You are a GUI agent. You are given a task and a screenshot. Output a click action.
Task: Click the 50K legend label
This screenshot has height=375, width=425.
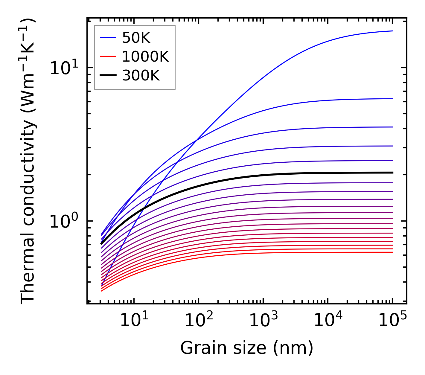point(136,38)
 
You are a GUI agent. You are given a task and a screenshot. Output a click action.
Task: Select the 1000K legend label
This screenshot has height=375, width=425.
point(145,57)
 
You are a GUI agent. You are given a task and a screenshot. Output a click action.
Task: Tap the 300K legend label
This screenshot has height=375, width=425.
point(141,76)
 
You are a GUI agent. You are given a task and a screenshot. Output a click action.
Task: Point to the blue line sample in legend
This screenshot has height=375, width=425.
point(108,38)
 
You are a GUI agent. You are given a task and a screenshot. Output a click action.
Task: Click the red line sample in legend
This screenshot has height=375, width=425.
point(108,57)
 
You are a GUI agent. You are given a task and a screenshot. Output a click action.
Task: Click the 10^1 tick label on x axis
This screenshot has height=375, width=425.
point(134,321)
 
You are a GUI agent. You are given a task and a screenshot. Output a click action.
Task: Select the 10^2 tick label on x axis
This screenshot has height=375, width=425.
point(199,321)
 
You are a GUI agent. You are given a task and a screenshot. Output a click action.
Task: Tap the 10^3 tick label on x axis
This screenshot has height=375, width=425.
point(263,321)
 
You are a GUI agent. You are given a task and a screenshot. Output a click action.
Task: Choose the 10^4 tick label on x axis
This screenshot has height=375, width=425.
point(328,321)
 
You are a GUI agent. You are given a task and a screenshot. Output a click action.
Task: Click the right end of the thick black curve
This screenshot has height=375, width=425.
point(392,173)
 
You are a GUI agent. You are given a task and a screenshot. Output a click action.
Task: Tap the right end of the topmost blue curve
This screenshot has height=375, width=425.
point(392,31)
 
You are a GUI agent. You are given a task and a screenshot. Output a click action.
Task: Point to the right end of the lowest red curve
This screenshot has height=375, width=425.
point(392,252)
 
